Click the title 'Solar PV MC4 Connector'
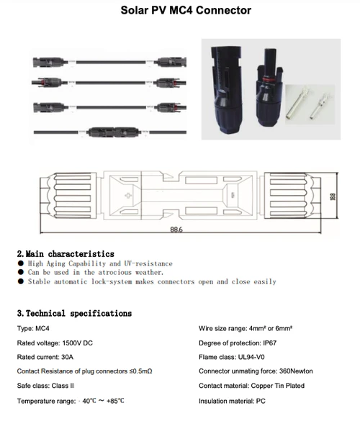179,11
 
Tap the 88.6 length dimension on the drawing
176,230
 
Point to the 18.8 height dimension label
333,196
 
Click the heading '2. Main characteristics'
66,254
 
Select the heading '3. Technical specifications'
74,314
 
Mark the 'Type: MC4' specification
33,328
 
